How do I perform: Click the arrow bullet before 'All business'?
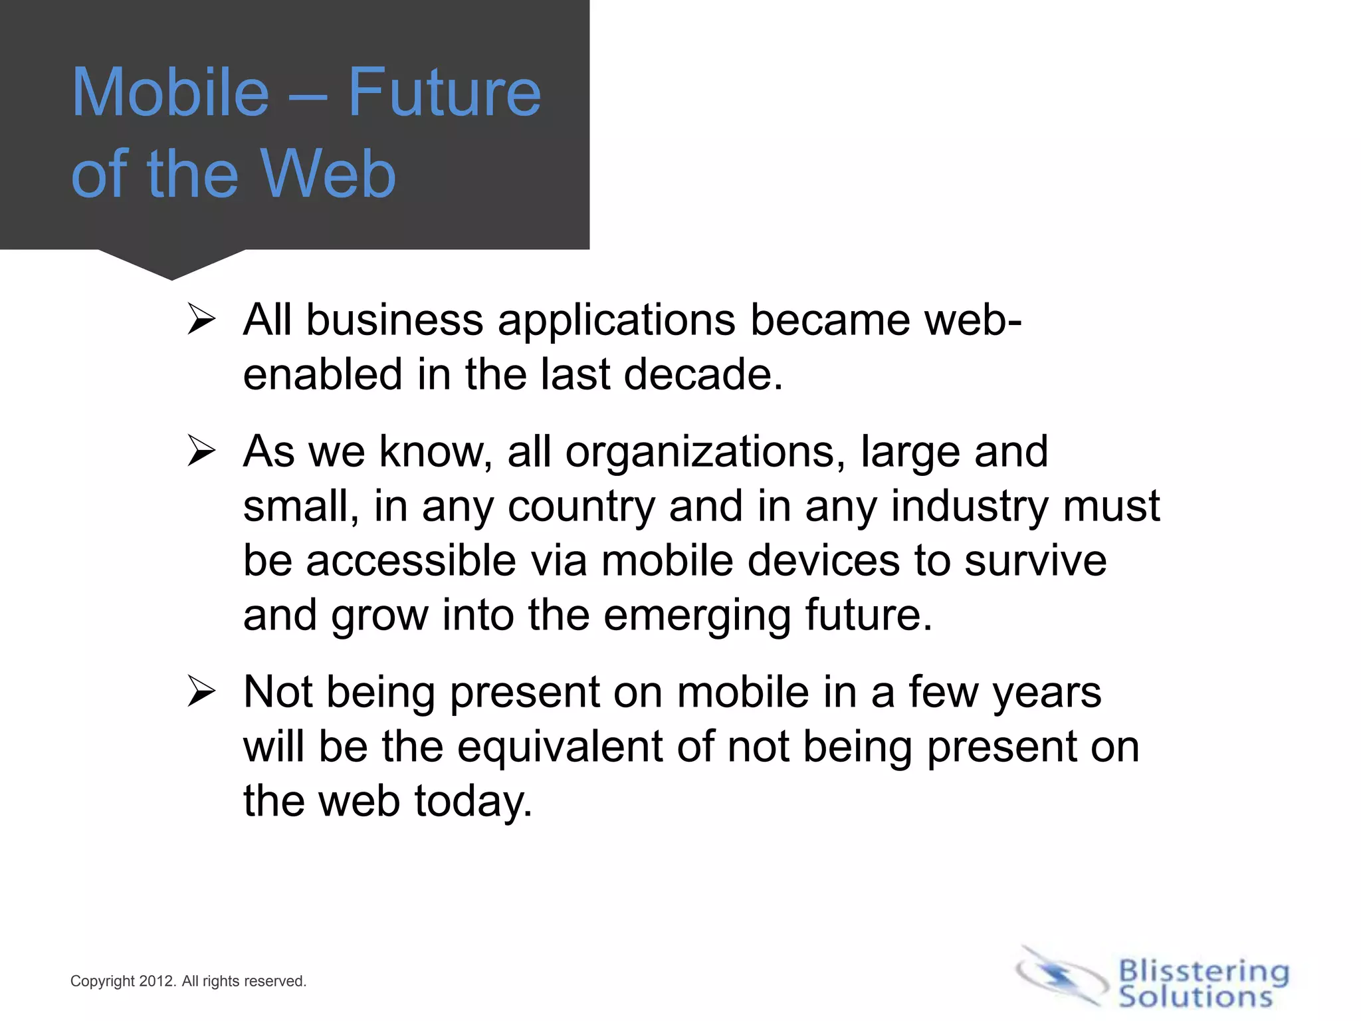[201, 319]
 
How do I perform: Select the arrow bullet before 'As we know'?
[201, 451]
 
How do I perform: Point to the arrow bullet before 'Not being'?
[201, 691]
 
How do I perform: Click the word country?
[581, 507]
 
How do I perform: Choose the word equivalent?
[560, 746]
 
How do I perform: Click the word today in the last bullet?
[472, 800]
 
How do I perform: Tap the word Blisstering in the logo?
[1204, 971]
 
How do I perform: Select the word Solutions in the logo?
[1195, 997]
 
